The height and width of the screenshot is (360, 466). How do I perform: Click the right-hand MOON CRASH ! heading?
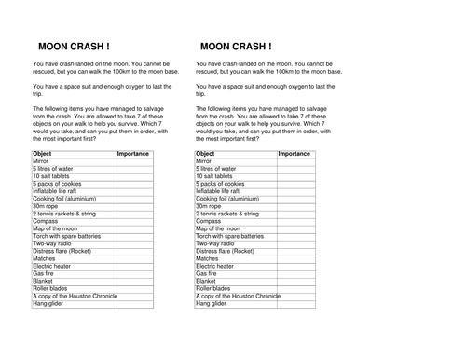coord(236,46)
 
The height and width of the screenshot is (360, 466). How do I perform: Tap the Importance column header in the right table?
coord(295,153)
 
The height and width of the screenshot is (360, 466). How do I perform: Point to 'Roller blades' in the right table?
coord(215,288)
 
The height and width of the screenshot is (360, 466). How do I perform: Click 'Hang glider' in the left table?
coord(49,303)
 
